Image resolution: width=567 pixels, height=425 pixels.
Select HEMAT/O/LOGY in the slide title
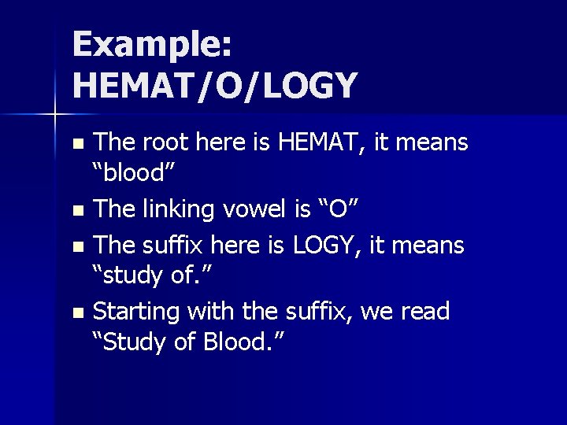pos(215,85)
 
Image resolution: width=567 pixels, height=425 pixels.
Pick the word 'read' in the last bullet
pos(426,312)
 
